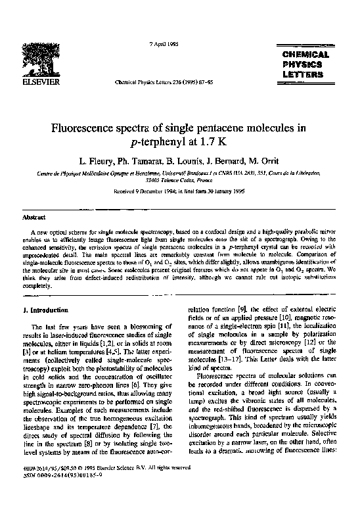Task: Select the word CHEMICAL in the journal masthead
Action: pyautogui.click(x=305, y=55)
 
